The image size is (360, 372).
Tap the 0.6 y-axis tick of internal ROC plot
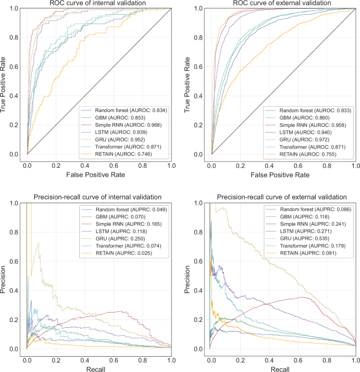[16, 67]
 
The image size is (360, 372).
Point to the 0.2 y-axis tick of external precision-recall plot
[200, 319]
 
